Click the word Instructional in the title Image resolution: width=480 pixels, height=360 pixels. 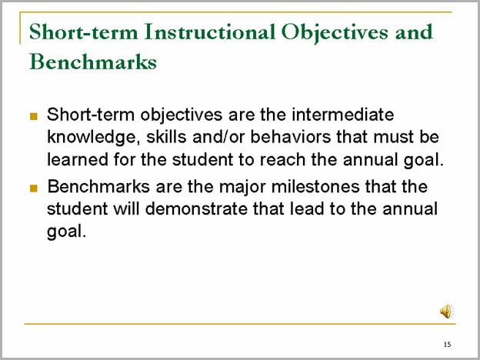point(210,32)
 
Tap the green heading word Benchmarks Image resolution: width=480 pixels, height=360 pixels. point(93,62)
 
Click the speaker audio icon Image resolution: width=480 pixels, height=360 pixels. point(447,312)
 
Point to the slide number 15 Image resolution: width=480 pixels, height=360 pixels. point(447,345)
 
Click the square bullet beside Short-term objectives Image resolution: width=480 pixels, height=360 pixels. point(34,116)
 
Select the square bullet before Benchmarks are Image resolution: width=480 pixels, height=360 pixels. point(34,188)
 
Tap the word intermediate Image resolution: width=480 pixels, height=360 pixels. point(343,115)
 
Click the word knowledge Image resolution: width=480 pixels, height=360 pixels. point(92,138)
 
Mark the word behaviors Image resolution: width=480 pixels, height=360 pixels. point(291,137)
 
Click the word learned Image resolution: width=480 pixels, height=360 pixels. point(78,160)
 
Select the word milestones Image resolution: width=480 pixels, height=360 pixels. point(315,186)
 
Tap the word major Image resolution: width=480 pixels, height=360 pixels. point(242,188)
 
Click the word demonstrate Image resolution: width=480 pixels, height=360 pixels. point(196,209)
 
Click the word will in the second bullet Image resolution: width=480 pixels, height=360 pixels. point(126,209)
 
